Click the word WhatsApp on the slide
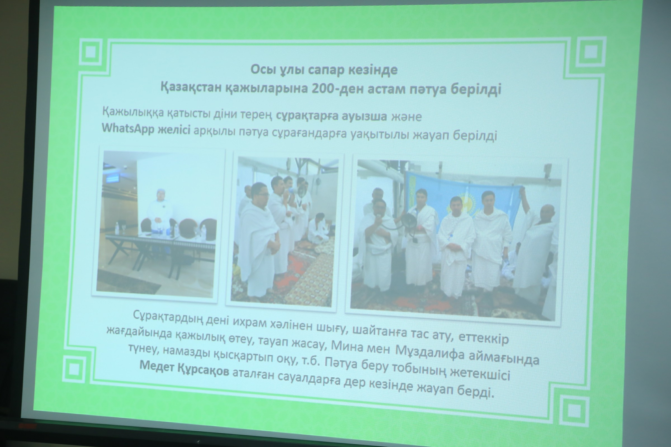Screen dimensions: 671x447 coord(128,129)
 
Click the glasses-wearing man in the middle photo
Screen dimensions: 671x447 coord(258,239)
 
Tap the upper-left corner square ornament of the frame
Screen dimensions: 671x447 coord(91,52)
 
